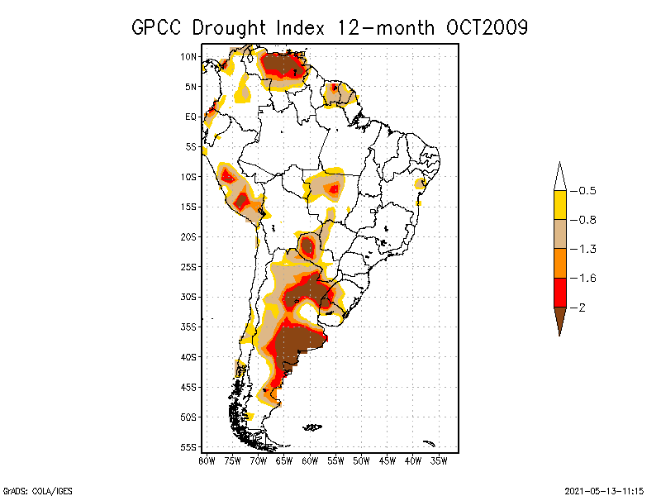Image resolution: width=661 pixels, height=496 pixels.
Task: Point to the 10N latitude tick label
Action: [188, 56]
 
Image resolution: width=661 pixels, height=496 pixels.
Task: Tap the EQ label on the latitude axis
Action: [191, 117]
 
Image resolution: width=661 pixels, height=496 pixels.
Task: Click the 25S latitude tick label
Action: [188, 266]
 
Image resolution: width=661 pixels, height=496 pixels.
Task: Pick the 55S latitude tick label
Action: [188, 446]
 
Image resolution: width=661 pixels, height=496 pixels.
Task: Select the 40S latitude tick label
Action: [188, 356]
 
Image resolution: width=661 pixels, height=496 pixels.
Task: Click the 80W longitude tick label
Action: [207, 460]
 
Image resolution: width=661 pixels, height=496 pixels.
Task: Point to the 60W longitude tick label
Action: [310, 460]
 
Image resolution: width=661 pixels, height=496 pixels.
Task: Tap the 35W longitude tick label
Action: [439, 460]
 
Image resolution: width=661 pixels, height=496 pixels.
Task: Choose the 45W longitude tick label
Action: [388, 460]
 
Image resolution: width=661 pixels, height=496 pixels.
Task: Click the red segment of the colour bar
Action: [559, 292]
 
